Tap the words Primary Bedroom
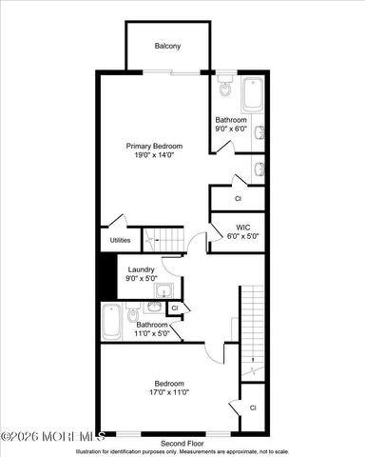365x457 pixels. click(x=155, y=146)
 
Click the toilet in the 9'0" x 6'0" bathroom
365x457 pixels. click(x=225, y=89)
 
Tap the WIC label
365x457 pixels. click(x=242, y=228)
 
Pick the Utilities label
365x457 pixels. click(x=121, y=240)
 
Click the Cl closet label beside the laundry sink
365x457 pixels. click(x=175, y=308)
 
